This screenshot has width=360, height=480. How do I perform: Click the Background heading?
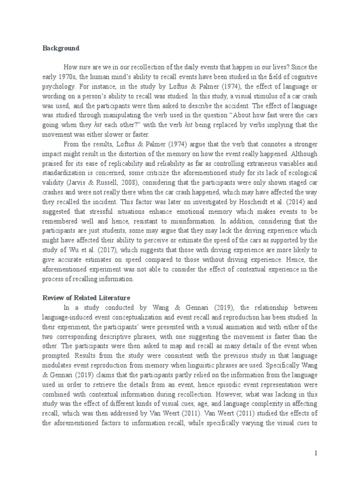point(61,48)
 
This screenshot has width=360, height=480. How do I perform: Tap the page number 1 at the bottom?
point(316,453)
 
